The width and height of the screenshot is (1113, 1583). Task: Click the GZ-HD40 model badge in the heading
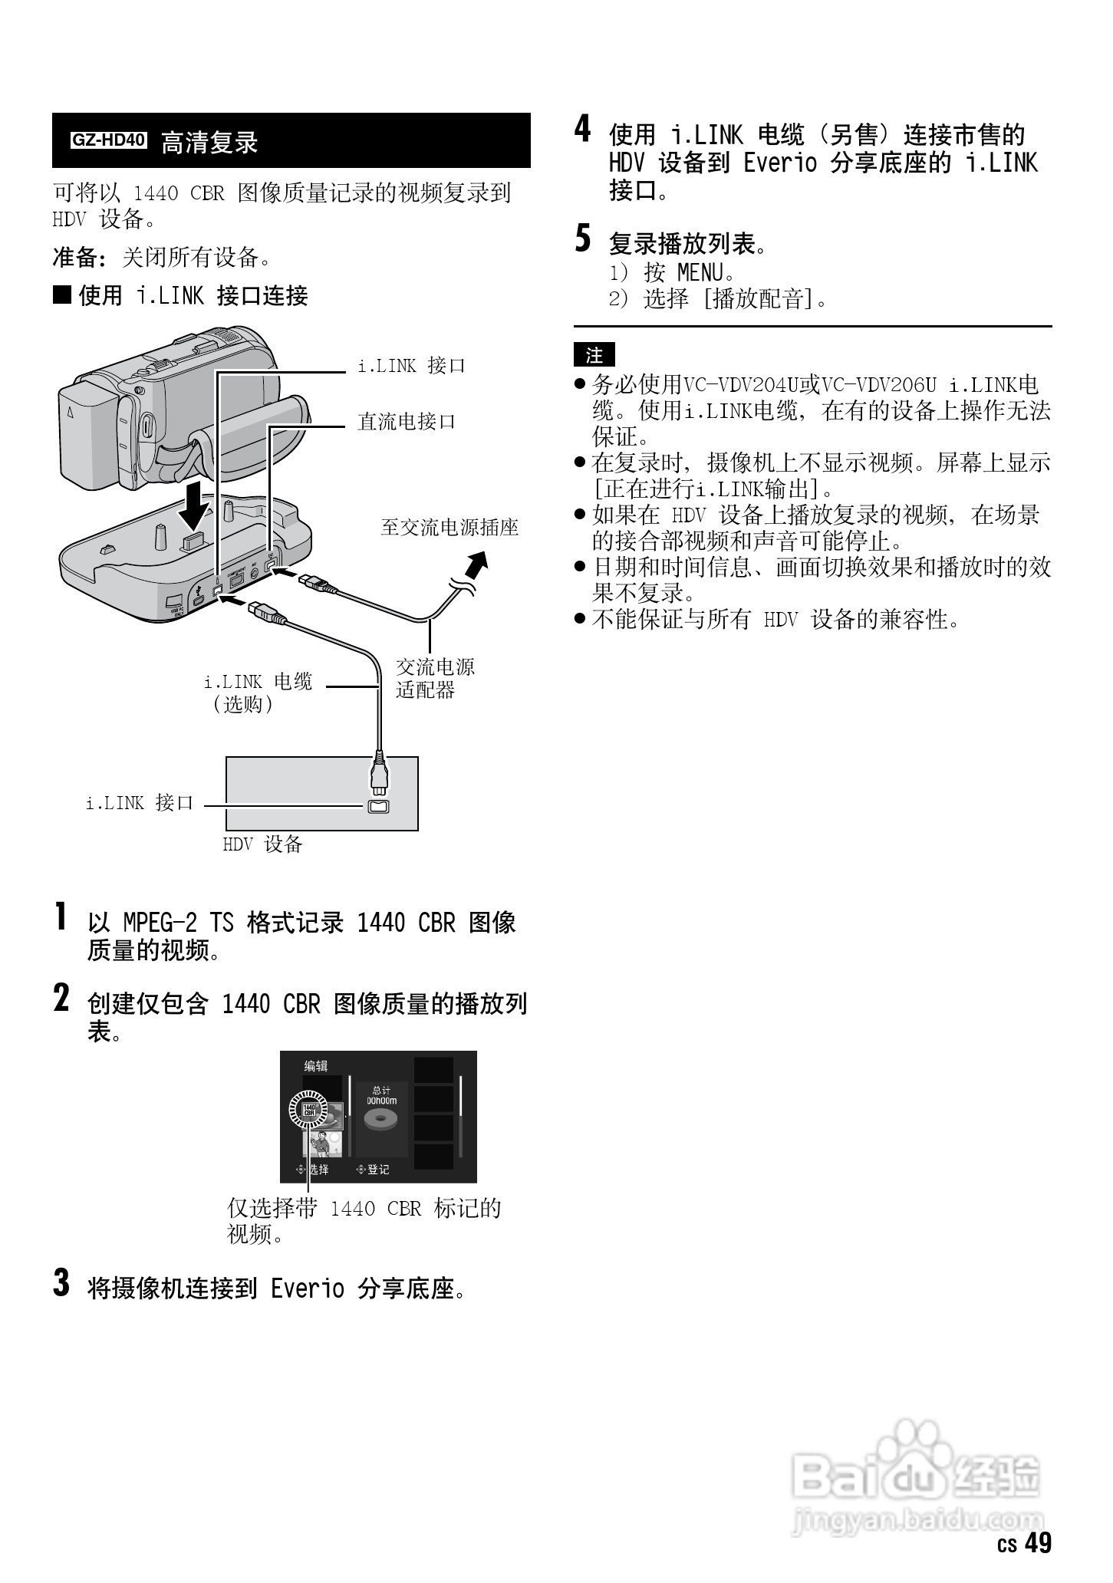[108, 140]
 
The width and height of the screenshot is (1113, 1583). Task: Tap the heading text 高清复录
[209, 143]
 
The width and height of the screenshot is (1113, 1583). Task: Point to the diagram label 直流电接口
[407, 421]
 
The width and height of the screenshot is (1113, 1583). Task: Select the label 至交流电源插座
[449, 527]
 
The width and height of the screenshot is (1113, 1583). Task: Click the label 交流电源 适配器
[435, 678]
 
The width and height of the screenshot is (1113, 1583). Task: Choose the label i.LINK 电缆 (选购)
[258, 693]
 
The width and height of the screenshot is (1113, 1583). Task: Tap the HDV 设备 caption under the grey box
[262, 844]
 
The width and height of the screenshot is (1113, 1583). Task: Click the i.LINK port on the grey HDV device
[379, 806]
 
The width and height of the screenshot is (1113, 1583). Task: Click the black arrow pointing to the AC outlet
[476, 568]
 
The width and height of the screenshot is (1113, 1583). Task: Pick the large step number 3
[61, 1282]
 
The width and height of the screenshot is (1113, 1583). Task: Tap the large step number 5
[584, 239]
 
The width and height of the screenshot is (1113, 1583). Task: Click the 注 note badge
[594, 355]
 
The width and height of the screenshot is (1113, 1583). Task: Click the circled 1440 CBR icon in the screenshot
[308, 1109]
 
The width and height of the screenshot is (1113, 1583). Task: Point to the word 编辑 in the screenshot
[316, 1066]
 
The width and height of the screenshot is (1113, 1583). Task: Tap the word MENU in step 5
[700, 272]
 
